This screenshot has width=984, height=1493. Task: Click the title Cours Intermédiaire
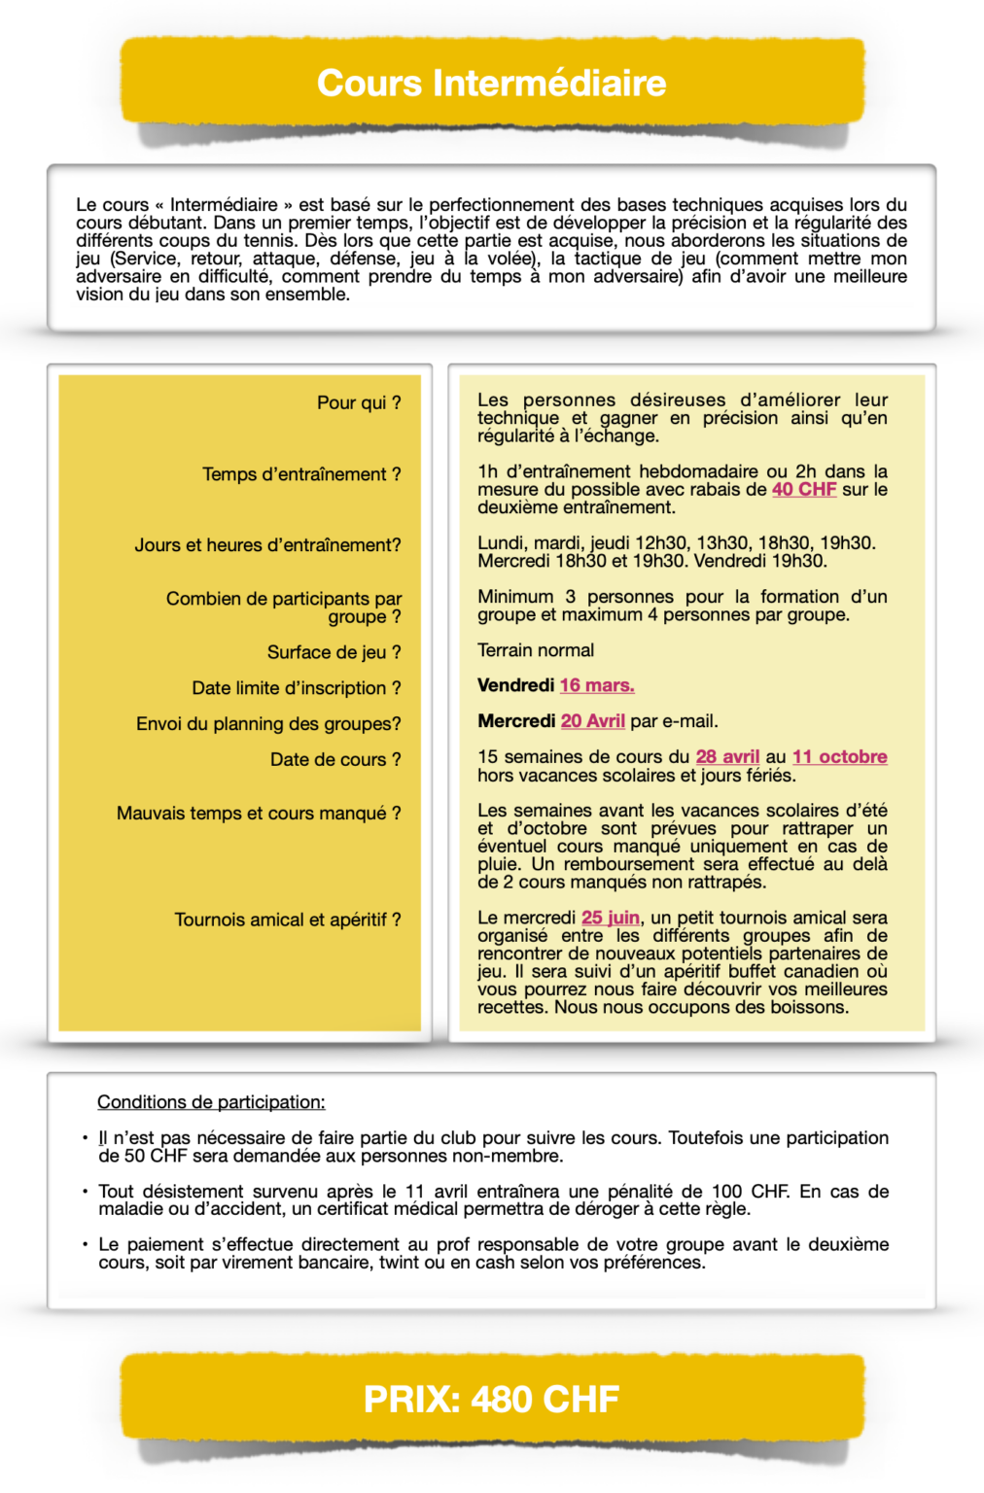pyautogui.click(x=491, y=84)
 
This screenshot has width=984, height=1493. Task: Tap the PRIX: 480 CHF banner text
pyautogui.click(x=491, y=1400)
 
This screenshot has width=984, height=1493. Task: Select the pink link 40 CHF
pyautogui.click(x=804, y=490)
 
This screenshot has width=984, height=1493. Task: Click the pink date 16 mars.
pyautogui.click(x=597, y=686)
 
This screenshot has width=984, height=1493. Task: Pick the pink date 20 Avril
pyautogui.click(x=593, y=721)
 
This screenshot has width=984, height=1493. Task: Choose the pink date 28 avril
pyautogui.click(x=727, y=757)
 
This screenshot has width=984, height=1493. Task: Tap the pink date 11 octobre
pyautogui.click(x=839, y=757)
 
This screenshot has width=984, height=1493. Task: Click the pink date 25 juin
pyautogui.click(x=611, y=918)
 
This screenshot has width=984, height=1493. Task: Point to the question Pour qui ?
pyautogui.click(x=359, y=402)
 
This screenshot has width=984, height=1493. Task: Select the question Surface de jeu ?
pyautogui.click(x=334, y=652)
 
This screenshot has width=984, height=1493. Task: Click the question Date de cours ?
pyautogui.click(x=335, y=759)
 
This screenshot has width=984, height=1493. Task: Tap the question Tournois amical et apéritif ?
pyautogui.click(x=288, y=920)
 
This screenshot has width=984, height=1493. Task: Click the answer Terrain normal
pyautogui.click(x=536, y=650)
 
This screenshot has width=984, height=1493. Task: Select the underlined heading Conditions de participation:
pyautogui.click(x=211, y=1102)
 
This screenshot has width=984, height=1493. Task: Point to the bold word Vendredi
pyautogui.click(x=515, y=686)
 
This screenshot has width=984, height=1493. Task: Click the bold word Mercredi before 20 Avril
pyautogui.click(x=516, y=721)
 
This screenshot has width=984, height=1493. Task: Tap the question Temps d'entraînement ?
pyautogui.click(x=301, y=474)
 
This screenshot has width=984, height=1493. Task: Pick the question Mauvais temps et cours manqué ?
pyautogui.click(x=259, y=813)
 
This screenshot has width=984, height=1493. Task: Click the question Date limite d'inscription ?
pyautogui.click(x=297, y=688)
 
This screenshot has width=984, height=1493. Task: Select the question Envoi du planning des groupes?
pyautogui.click(x=268, y=724)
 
